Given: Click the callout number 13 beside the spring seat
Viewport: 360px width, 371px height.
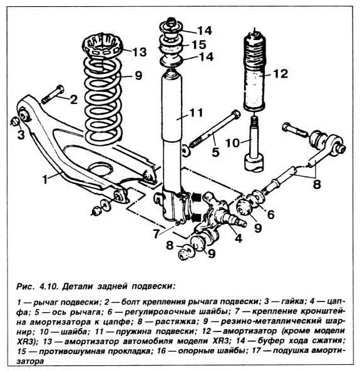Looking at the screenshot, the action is pyautogui.click(x=139, y=52).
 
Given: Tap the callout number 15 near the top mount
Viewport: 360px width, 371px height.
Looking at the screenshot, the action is pyautogui.click(x=198, y=44).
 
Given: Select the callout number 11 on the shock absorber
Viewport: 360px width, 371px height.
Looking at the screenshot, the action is pyautogui.click(x=197, y=113).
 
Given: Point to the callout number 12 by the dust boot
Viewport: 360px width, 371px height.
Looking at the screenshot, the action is pyautogui.click(x=280, y=74).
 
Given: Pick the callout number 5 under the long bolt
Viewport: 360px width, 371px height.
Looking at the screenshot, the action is pyautogui.click(x=215, y=152).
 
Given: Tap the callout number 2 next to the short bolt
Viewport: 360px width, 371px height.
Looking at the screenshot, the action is pyautogui.click(x=74, y=99).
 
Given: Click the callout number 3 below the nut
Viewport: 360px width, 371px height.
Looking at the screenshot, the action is pyautogui.click(x=21, y=135).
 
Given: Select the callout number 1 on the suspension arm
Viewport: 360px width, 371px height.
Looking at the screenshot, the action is pyautogui.click(x=45, y=180).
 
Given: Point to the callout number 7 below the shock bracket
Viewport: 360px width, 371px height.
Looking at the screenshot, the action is pyautogui.click(x=156, y=234).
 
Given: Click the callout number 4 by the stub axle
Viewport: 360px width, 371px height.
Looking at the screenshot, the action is pyautogui.click(x=239, y=238).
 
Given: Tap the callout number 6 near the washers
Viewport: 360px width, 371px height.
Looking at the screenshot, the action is pyautogui.click(x=270, y=215).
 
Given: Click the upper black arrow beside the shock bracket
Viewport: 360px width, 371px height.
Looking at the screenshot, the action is pyautogui.click(x=196, y=197).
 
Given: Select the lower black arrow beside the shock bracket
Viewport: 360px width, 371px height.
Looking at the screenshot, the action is pyautogui.click(x=196, y=217).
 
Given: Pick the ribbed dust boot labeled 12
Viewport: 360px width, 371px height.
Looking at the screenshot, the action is pyautogui.click(x=255, y=71).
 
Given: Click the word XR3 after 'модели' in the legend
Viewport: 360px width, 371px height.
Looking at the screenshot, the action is pyautogui.click(x=220, y=342).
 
